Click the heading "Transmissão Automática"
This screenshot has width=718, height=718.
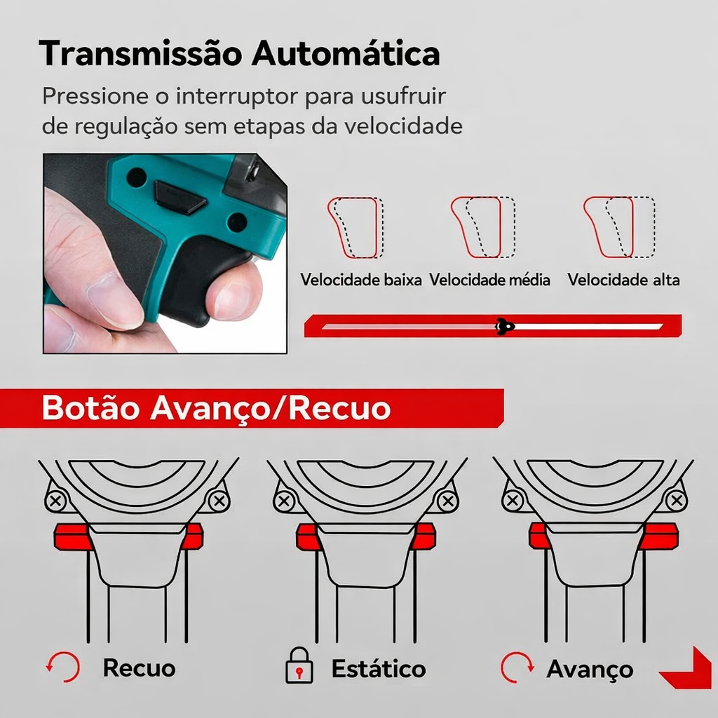tap(239, 54)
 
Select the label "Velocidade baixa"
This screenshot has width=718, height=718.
tap(361, 280)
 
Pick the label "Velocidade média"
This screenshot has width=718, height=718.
tap(489, 280)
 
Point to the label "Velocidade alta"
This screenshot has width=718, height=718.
tap(623, 280)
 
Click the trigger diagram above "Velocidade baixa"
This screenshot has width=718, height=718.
tap(355, 227)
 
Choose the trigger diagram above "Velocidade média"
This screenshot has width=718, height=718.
tap(482, 227)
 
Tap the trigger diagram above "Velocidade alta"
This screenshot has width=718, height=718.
tap(618, 227)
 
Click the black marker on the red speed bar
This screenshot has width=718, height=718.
tap(504, 326)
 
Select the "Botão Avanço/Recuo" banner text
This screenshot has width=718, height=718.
tap(216, 408)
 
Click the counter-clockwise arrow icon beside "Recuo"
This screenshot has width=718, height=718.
tap(63, 668)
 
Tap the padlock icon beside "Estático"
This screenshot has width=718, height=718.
tap(299, 668)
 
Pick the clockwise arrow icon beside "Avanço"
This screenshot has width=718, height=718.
tap(517, 668)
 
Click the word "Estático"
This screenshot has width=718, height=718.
tap(378, 668)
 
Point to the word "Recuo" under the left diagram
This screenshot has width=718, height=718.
tap(139, 668)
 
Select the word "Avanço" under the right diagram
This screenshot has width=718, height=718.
tap(589, 669)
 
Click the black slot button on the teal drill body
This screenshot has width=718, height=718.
tap(179, 197)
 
